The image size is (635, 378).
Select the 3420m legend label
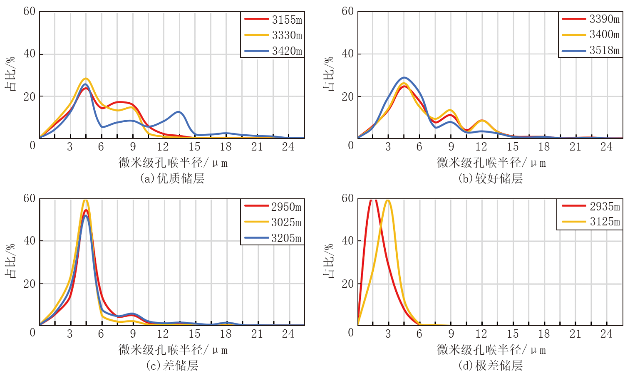pos(287,51)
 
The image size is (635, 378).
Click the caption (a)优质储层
pos(172,178)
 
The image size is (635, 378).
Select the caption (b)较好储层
pos(490,178)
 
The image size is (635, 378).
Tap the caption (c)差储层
pos(172,366)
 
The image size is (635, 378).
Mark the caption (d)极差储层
pos(490,366)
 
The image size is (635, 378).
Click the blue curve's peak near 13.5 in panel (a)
pos(179,112)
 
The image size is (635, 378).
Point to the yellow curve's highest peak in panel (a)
pos(86,79)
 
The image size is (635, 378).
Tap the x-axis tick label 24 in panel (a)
pos(288,146)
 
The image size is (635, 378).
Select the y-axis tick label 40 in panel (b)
pos(347,54)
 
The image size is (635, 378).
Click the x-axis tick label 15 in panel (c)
pos(194,334)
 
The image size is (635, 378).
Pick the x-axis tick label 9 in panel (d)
pos(451,334)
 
